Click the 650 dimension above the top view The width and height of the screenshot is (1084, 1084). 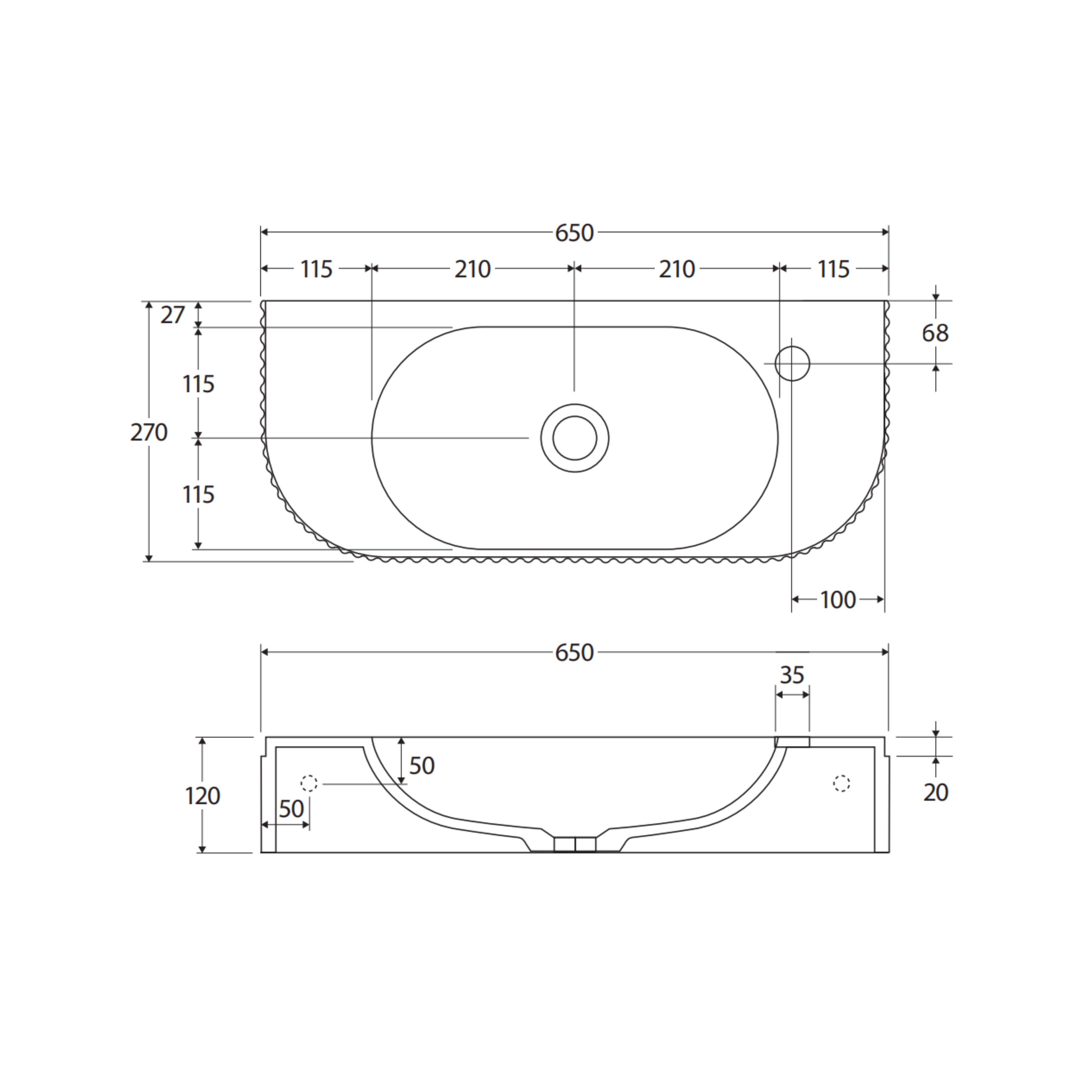574,233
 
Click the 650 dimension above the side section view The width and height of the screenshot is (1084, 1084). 574,653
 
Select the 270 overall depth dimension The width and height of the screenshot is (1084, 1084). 149,433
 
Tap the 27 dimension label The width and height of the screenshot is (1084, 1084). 172,315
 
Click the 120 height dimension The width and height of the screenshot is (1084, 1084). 202,796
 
